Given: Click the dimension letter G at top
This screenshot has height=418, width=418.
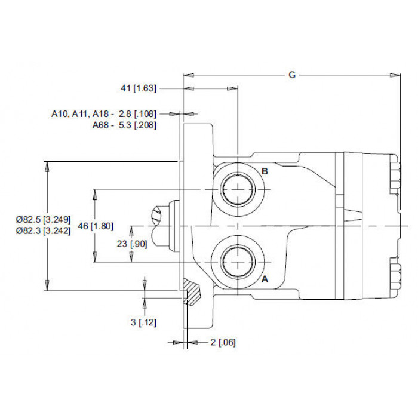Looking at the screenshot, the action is (292, 75).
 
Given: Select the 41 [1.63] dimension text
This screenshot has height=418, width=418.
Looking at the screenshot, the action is (139, 88).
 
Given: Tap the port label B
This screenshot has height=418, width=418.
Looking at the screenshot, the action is (265, 171).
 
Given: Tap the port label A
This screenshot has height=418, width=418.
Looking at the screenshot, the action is (265, 279).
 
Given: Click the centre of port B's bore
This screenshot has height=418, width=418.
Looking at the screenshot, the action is (238, 189).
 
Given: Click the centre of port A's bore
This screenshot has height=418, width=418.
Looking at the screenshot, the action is (238, 262).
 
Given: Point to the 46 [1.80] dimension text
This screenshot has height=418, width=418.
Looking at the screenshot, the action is (96, 226).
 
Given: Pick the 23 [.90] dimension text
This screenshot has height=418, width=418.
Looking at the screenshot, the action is (132, 244).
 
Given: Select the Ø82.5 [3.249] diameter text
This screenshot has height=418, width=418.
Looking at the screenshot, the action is (43, 220).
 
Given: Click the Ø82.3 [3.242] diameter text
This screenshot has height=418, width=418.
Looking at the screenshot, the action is (43, 230).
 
